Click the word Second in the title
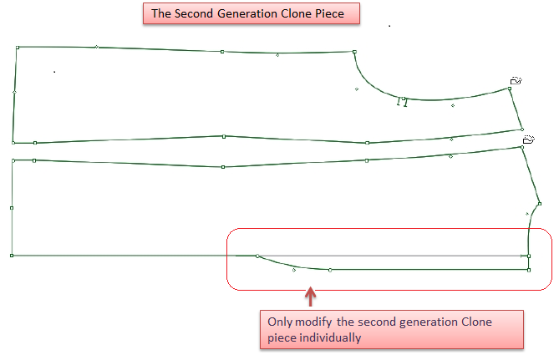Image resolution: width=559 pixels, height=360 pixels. click(x=191, y=13)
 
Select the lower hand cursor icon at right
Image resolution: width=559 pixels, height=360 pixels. click(x=528, y=140)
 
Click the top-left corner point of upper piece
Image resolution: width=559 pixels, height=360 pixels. click(x=18, y=48)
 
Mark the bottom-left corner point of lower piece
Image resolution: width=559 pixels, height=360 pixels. click(x=12, y=255)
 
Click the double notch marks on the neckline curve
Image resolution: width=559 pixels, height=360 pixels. click(x=404, y=103)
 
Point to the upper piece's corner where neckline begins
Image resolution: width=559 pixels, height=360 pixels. click(x=354, y=52)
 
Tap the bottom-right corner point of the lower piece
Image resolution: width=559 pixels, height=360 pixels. click(x=529, y=269)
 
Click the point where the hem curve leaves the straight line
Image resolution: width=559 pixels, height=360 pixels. click(x=257, y=256)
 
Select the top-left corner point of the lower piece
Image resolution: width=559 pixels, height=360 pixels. click(x=13, y=159)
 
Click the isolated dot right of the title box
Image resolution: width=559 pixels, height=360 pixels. click(x=389, y=26)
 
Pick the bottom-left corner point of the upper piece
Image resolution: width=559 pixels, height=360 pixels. click(x=13, y=143)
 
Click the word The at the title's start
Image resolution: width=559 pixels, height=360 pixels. click(x=160, y=13)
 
